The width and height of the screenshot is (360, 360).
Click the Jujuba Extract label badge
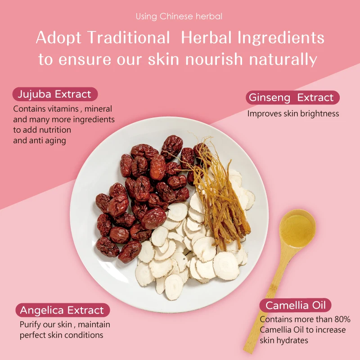coord(54,94)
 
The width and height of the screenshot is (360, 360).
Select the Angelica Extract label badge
coord(62,310)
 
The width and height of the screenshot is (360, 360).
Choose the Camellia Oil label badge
coord(295,306)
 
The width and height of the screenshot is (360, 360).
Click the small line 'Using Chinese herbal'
coord(179,17)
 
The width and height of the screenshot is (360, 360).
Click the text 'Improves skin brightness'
coord(293,114)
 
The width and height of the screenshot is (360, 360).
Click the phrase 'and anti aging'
coord(40,140)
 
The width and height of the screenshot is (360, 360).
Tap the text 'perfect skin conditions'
coord(61,335)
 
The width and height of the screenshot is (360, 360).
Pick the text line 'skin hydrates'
coord(284,341)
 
